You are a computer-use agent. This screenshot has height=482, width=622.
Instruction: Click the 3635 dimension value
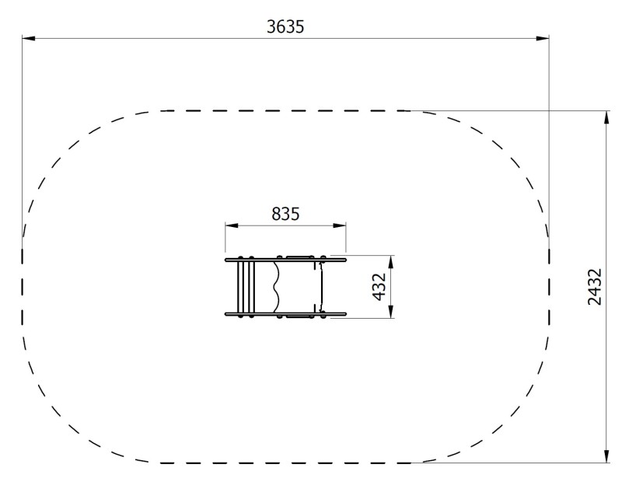pyautogui.click(x=285, y=27)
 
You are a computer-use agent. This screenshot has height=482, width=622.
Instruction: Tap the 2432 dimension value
pyautogui.click(x=594, y=287)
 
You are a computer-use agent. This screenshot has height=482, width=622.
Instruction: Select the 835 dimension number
pyautogui.click(x=285, y=215)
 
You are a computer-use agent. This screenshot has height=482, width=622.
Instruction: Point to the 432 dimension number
pyautogui.click(x=379, y=287)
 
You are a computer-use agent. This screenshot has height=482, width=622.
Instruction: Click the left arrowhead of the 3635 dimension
pyautogui.click(x=29, y=38)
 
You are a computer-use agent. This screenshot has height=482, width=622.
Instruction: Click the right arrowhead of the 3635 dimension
pyautogui.click(x=543, y=38)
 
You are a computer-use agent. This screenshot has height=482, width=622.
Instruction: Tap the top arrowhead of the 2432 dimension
pyautogui.click(x=606, y=117)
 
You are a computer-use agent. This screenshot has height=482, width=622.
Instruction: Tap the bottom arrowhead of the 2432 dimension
pyautogui.click(x=606, y=456)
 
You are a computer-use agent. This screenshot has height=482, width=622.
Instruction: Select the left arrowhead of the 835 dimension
pyautogui.click(x=232, y=225)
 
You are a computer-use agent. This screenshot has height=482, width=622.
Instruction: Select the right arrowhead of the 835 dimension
pyautogui.click(x=340, y=225)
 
